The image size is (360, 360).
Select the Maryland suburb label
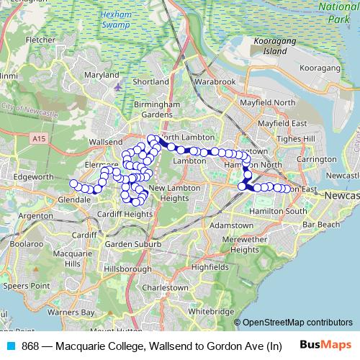tap(102, 75)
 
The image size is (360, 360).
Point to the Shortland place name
tap(150, 82)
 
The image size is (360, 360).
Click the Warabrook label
tap(215, 82)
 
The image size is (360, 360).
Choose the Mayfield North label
tap(267, 103)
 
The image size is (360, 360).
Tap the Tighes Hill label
tap(299, 138)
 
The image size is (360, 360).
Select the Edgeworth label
tap(33, 176)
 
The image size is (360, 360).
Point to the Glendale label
tap(74, 199)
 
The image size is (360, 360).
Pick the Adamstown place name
tap(232, 225)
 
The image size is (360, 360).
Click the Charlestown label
tap(166, 287)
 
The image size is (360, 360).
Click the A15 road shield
tap(40, 137)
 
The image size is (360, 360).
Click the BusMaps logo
tap(326, 346)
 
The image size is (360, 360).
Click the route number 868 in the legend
tap(31, 346)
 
